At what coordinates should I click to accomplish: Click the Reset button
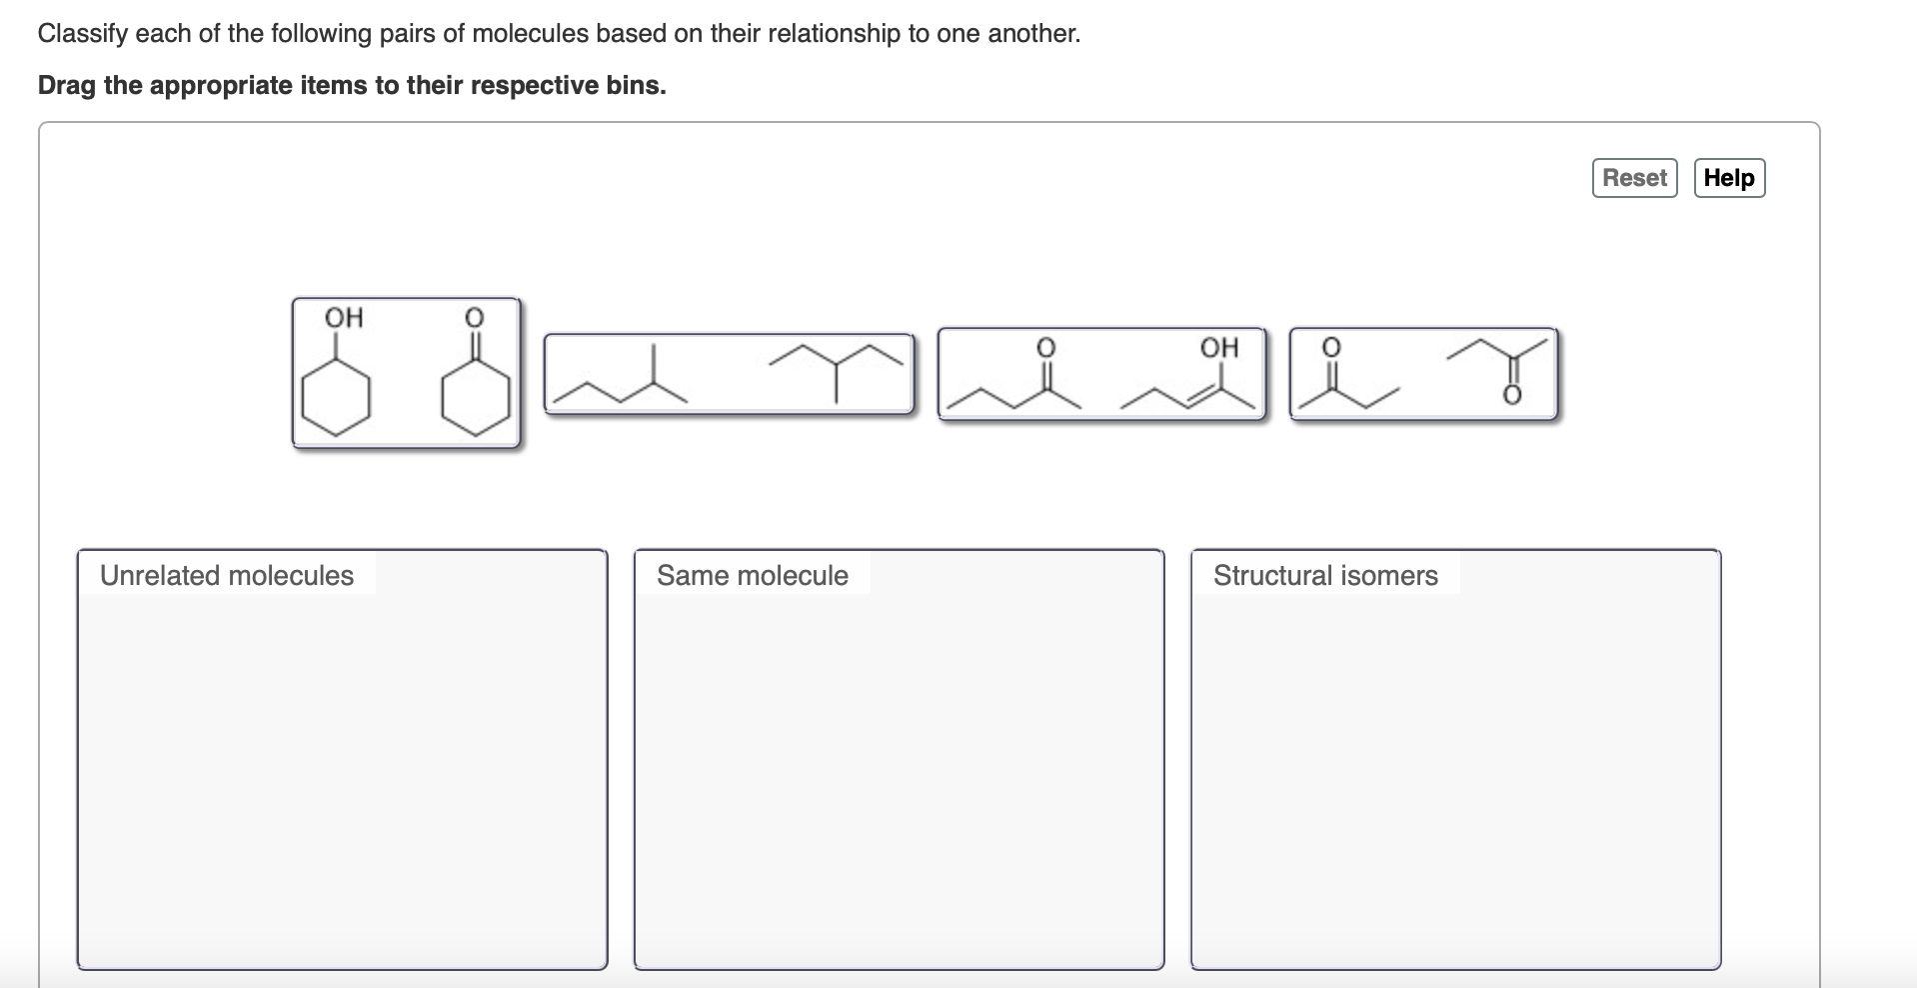click(1634, 178)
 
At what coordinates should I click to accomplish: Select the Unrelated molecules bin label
click(227, 575)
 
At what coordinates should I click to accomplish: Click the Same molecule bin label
click(752, 575)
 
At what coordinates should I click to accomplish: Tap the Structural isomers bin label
click(1325, 575)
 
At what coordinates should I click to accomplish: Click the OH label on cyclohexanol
click(344, 318)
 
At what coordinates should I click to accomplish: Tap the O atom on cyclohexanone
click(475, 318)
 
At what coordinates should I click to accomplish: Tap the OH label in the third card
click(1218, 347)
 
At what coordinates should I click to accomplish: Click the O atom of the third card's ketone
click(1044, 347)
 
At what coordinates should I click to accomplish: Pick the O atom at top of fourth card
click(1330, 347)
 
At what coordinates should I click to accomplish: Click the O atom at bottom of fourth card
click(1511, 397)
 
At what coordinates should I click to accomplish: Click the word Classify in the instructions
click(82, 33)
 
